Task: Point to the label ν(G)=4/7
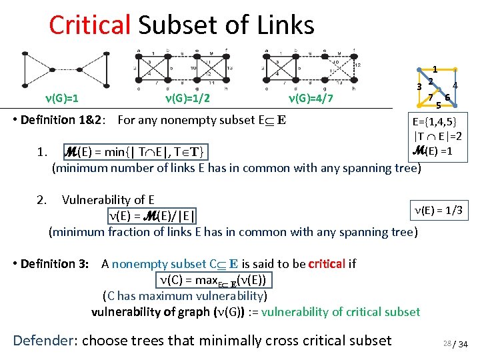click(311, 99)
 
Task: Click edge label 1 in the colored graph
click(435, 69)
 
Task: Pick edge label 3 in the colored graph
click(419, 86)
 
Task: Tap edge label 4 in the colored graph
click(455, 85)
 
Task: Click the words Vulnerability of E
click(108, 199)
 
